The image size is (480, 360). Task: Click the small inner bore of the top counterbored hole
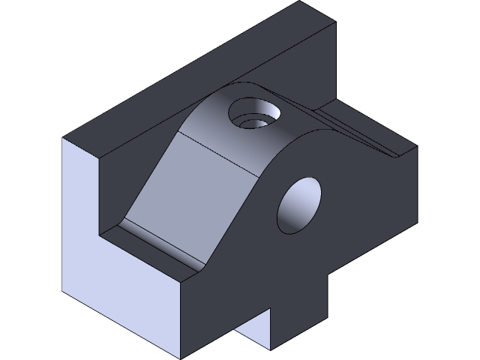click(256, 120)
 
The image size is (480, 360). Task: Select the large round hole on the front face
click(300, 205)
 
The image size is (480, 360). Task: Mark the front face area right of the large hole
click(367, 210)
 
